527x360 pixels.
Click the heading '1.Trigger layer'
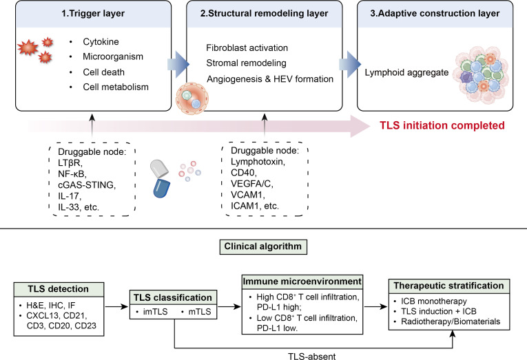click(x=93, y=14)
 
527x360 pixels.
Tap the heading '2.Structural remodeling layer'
click(x=264, y=14)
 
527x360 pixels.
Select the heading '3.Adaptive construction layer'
click(x=435, y=14)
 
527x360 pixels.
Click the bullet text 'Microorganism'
click(x=113, y=56)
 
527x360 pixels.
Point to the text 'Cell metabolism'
click(x=116, y=87)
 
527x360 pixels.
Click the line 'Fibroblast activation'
click(x=247, y=47)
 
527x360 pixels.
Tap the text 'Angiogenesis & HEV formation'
click(x=270, y=79)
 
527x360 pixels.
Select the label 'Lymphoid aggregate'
click(x=406, y=72)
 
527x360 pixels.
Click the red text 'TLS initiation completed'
click(x=442, y=125)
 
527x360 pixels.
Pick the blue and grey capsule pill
click(x=160, y=178)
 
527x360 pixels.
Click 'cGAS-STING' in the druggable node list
click(x=87, y=185)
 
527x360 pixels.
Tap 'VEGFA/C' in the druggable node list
click(x=252, y=184)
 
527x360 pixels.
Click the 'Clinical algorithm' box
click(x=263, y=247)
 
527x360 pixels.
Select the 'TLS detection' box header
click(x=59, y=289)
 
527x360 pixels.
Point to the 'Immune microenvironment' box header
click(x=302, y=282)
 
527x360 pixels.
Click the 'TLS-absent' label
click(x=312, y=356)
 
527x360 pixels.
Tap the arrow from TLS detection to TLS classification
click(x=116, y=306)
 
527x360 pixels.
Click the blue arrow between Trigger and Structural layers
click(x=178, y=64)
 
